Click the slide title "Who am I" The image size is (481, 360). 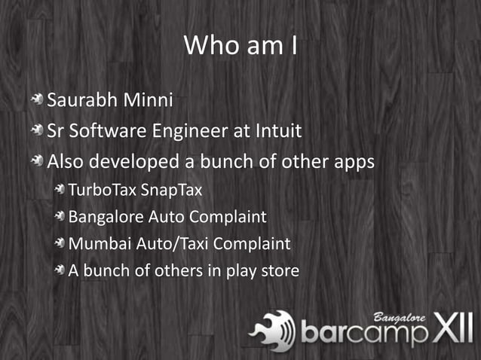click(240, 45)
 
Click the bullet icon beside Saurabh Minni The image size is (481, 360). click(37, 100)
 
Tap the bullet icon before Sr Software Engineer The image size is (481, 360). click(37, 132)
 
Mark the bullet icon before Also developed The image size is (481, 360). click(37, 163)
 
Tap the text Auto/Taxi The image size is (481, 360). click(170, 244)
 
